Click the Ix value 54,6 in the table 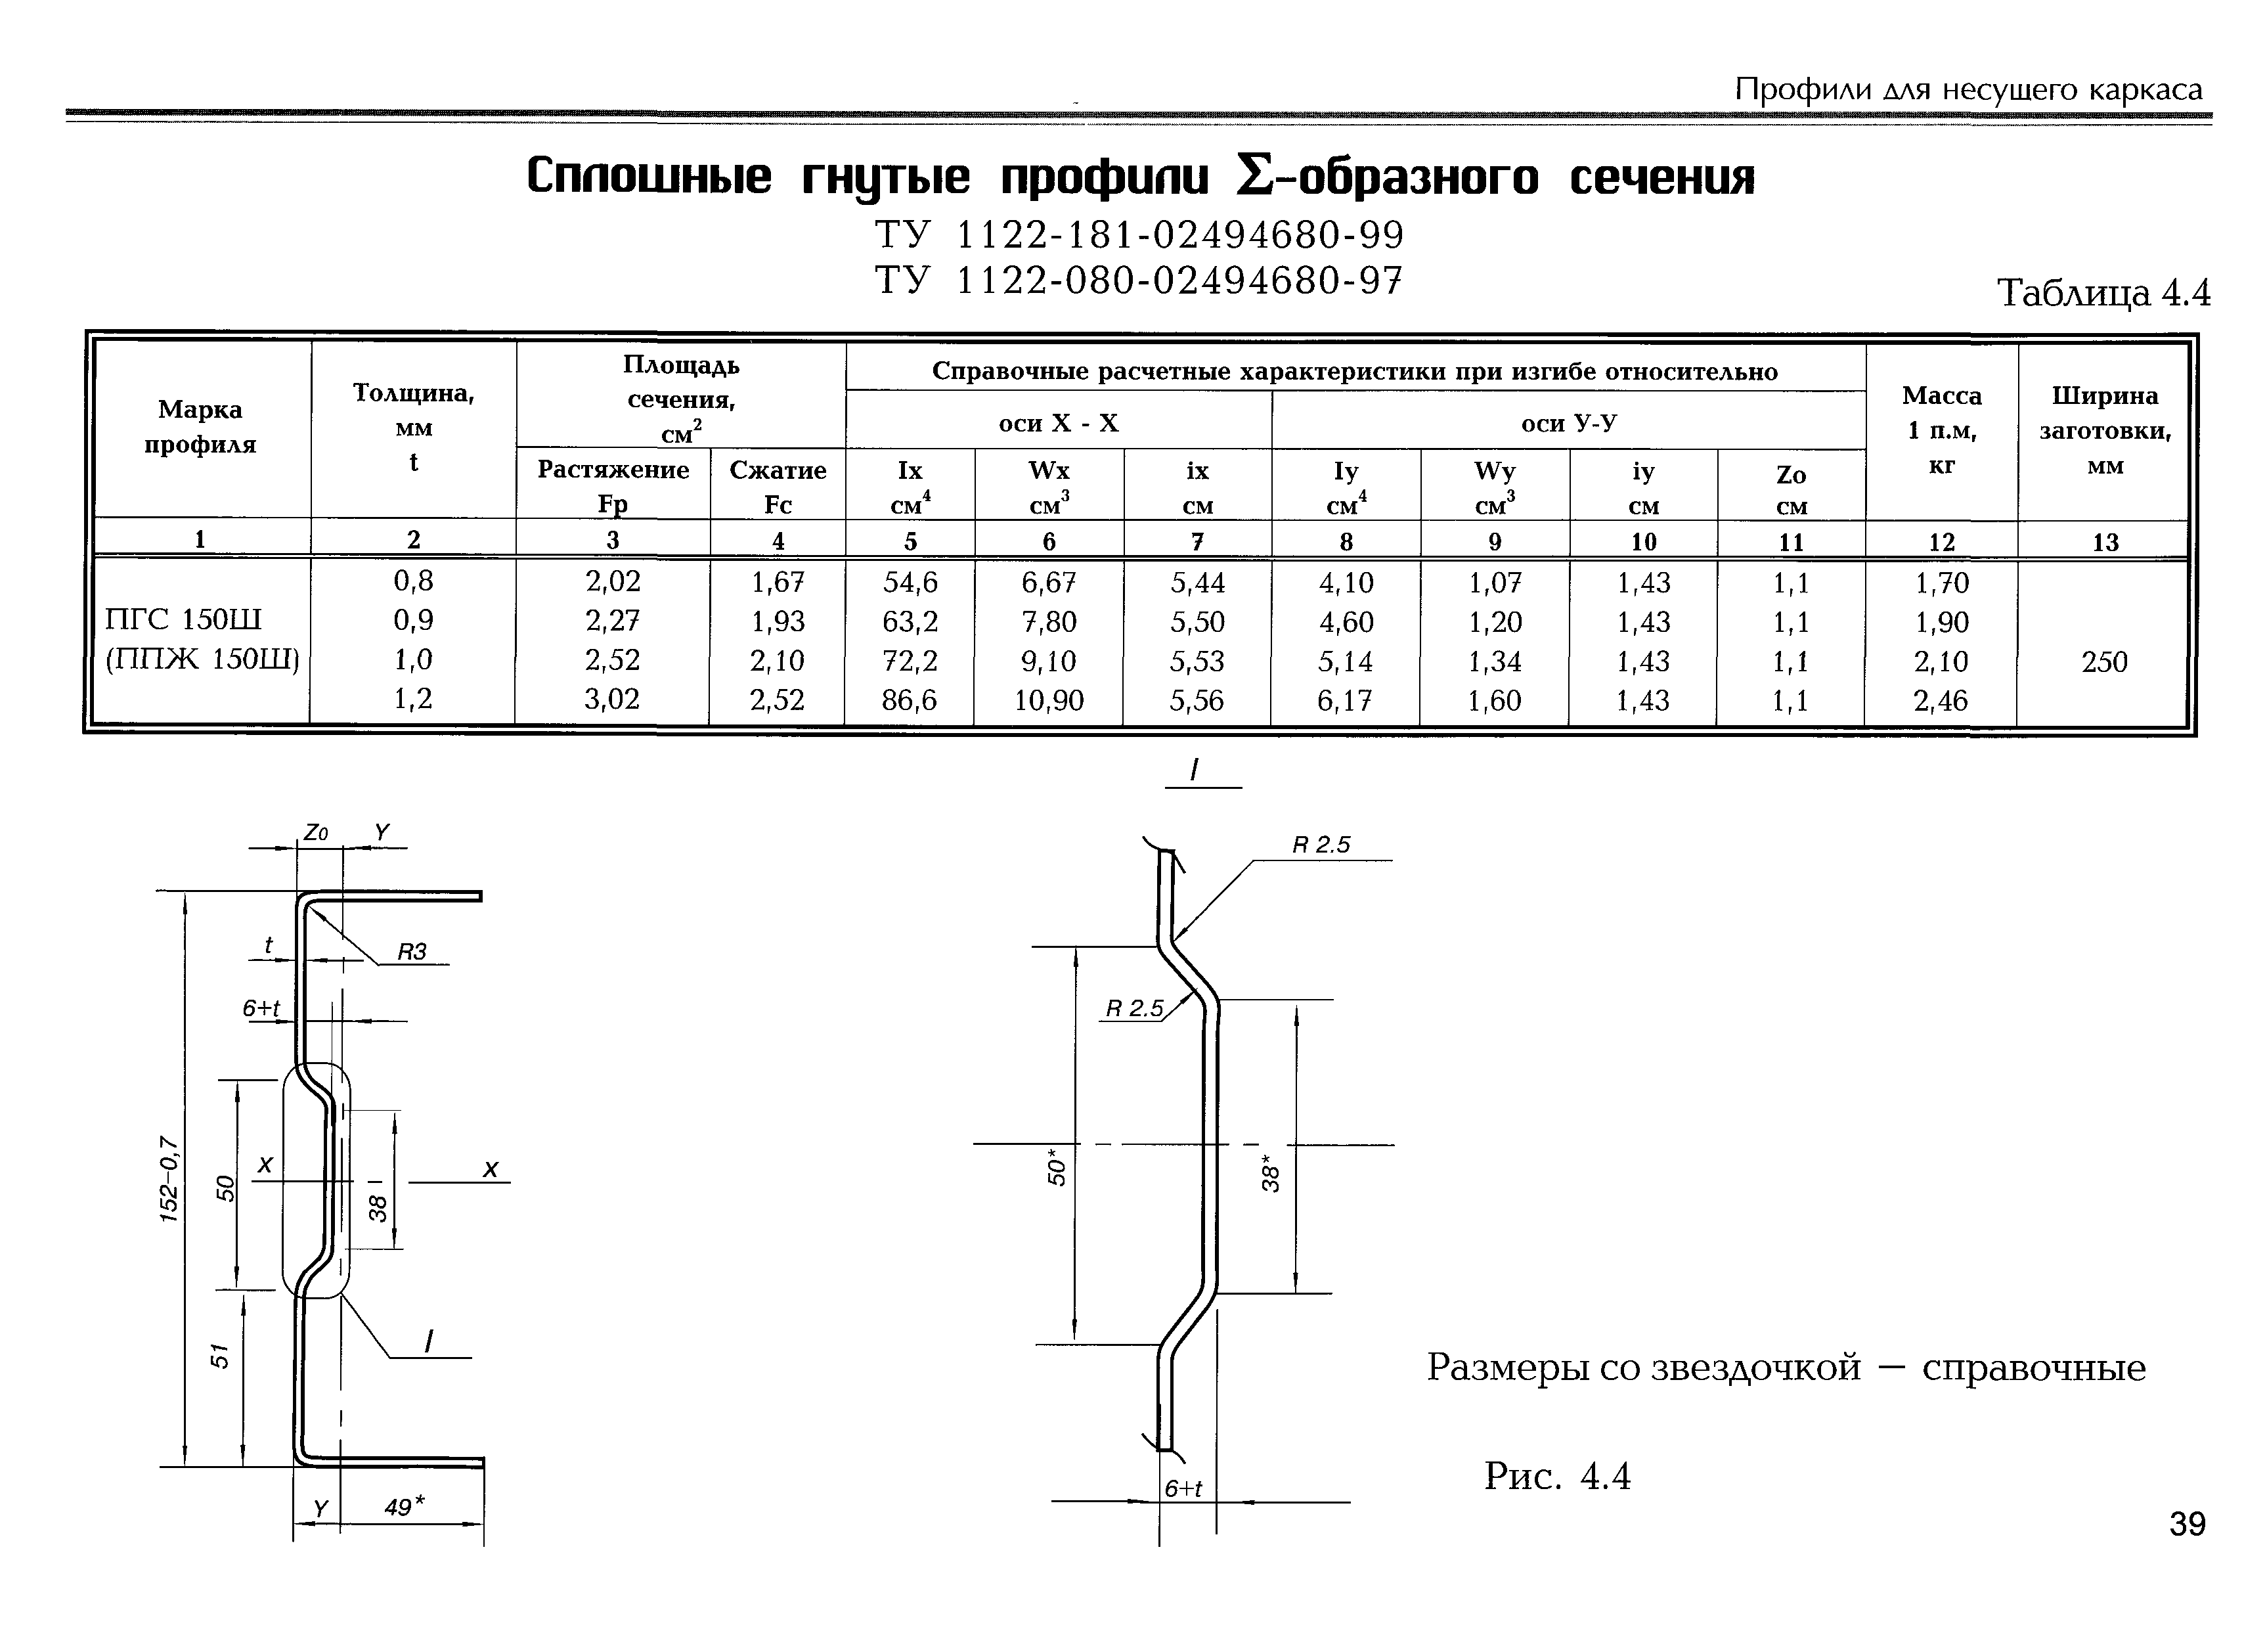[x=910, y=582]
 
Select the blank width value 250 [x=2104, y=661]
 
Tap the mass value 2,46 [x=1941, y=701]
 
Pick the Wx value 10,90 [x=1049, y=701]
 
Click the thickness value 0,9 [x=414, y=621]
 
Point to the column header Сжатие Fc [x=778, y=487]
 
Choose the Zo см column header [x=1792, y=489]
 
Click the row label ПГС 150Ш [x=183, y=620]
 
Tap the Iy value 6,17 [x=1345, y=701]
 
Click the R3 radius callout [x=412, y=952]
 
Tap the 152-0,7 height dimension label [x=170, y=1178]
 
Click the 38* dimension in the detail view [x=1270, y=1172]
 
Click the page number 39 [x=2187, y=1524]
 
